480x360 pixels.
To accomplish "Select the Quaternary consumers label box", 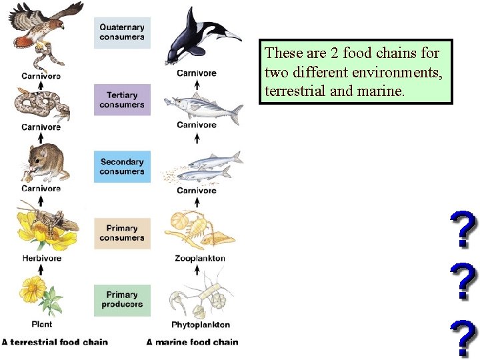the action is coord(122,32).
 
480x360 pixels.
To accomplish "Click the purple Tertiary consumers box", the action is coord(122,99).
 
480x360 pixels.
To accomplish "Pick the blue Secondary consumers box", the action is coord(122,167).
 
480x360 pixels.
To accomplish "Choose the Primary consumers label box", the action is coord(122,233).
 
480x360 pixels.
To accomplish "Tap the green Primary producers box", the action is coord(122,299).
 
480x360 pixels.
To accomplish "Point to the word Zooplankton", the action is coord(200,258).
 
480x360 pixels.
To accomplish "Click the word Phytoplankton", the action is coord(201,325).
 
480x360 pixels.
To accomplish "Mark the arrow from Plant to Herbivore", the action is coord(41,269).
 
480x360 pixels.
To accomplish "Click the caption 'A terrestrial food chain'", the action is coord(54,342).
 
